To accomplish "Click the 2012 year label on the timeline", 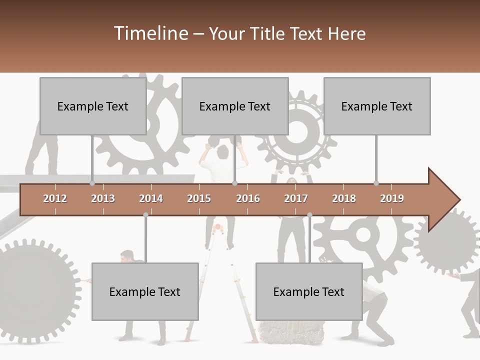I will [x=55, y=198].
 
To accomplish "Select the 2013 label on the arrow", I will [x=103, y=198].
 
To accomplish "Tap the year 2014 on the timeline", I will [x=151, y=198].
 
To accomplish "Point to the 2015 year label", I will [x=199, y=198].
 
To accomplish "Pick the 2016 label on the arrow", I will [x=248, y=198].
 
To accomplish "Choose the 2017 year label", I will [x=296, y=198].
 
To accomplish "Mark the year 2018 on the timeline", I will [x=344, y=198].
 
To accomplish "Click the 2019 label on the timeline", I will [x=392, y=198].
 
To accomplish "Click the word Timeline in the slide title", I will [x=150, y=33].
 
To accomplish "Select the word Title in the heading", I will [x=267, y=34].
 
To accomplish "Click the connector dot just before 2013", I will [x=92, y=183].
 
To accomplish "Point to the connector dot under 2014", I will [x=145, y=215].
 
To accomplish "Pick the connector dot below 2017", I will [x=309, y=215].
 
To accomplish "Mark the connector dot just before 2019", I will [x=376, y=183].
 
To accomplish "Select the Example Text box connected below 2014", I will [x=145, y=291].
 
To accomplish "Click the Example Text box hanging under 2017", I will [x=309, y=291].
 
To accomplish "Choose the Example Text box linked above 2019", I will [x=377, y=106].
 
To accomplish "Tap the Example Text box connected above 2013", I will [x=93, y=106].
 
